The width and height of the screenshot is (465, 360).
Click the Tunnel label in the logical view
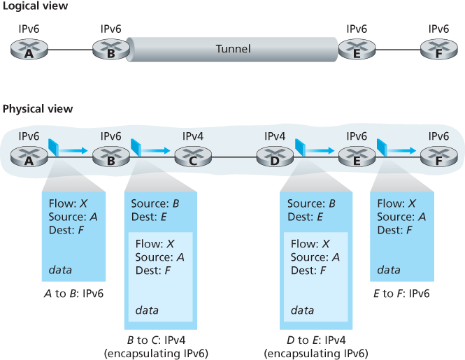[x=234, y=49]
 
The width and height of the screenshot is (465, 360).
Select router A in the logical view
[x=29, y=50]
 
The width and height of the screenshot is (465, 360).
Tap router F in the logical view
[x=438, y=50]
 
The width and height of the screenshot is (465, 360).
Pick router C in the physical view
[x=192, y=158]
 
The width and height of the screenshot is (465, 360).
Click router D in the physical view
[x=274, y=158]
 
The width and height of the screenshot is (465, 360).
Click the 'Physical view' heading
[x=38, y=109]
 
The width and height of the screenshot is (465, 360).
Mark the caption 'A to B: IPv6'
[x=73, y=294]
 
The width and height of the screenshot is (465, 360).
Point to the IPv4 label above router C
[x=192, y=136]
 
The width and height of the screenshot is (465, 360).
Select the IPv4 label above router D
[x=274, y=136]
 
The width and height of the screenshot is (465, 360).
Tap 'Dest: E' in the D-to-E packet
[x=305, y=217]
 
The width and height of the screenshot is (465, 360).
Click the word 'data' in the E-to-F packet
[x=389, y=269]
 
